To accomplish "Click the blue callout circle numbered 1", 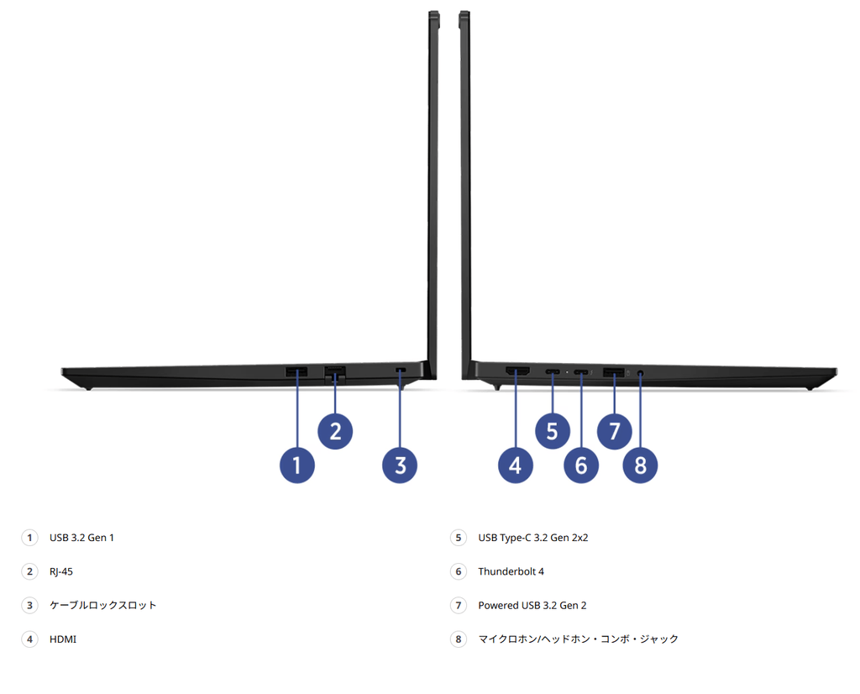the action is coord(296,465).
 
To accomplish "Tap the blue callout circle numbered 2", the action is coord(335,431).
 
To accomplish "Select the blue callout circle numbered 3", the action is coord(400,465).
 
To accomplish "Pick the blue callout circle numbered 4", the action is coord(515,465).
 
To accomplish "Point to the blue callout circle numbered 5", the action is coord(553,431).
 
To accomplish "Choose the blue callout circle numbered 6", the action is coord(581,465).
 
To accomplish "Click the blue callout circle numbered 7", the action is coord(614,431).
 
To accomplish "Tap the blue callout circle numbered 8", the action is coord(640,465).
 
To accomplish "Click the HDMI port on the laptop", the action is coord(517,371).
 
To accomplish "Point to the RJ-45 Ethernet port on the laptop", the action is coord(334,372).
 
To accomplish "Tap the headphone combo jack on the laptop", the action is coord(641,373).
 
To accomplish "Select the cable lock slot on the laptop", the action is coord(401,371).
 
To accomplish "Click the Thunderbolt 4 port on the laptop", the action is coord(581,372).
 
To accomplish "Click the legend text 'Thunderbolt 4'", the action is coord(511,571).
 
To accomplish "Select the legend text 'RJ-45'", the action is coord(60,571).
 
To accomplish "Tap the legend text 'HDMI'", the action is coord(62,639).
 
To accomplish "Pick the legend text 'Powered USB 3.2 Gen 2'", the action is coord(532,605).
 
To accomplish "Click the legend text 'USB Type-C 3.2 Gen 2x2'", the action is coord(532,538).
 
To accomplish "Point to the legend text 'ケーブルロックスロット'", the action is coord(102,605).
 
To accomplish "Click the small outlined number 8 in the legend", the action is coord(459,639).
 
